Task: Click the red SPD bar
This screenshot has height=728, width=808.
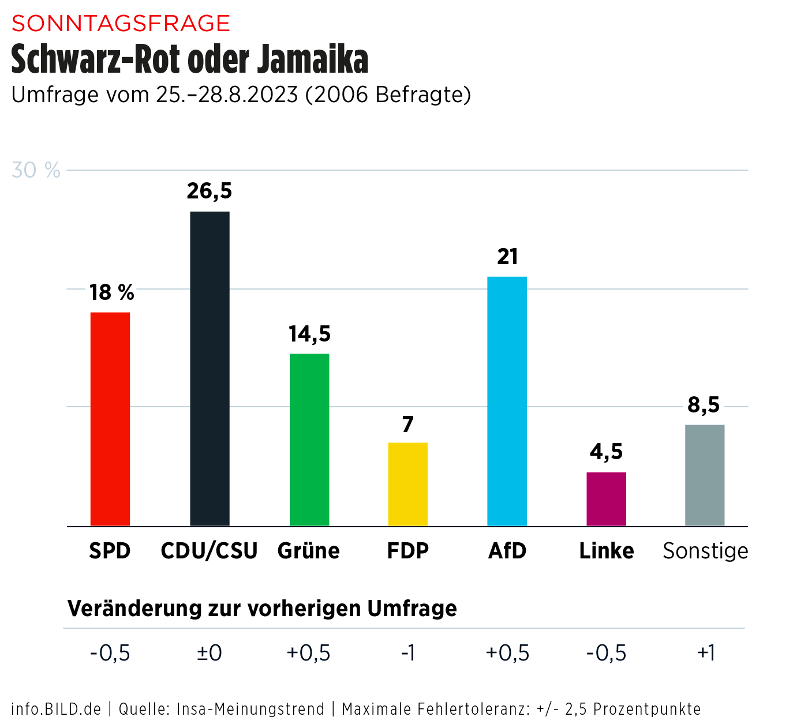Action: click(x=110, y=419)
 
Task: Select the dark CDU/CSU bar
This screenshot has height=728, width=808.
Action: click(x=210, y=369)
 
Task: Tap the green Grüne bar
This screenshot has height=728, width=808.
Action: click(x=309, y=440)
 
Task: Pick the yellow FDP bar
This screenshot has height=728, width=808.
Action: click(x=408, y=484)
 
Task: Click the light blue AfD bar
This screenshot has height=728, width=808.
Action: click(x=507, y=401)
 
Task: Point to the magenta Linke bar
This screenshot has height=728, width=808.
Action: click(x=606, y=499)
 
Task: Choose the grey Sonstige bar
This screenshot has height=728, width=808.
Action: click(x=705, y=475)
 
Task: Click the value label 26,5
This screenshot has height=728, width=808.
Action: click(x=209, y=191)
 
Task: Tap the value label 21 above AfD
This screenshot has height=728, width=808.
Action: click(x=507, y=257)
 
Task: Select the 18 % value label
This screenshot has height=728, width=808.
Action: click(x=111, y=292)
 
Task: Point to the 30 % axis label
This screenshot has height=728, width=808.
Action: click(x=36, y=171)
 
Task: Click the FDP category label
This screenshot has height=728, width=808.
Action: click(x=408, y=551)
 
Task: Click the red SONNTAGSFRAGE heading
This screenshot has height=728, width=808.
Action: click(x=121, y=24)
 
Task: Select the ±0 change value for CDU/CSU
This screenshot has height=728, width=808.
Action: click(x=209, y=653)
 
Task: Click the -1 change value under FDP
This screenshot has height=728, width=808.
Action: click(x=408, y=653)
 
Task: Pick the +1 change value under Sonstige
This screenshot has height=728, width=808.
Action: click(x=706, y=653)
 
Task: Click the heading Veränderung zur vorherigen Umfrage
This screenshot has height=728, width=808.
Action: click(x=262, y=609)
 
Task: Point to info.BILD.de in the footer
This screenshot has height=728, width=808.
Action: click(x=56, y=709)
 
